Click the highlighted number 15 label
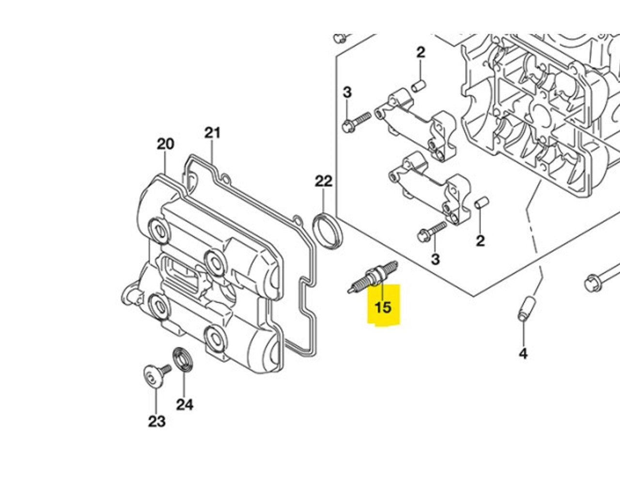(x=383, y=307)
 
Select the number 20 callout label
(x=165, y=144)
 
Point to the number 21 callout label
(x=212, y=132)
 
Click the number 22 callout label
(x=324, y=181)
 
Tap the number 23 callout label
(x=156, y=421)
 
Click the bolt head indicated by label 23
(x=153, y=378)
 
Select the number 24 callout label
(x=185, y=404)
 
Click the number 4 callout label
(x=523, y=354)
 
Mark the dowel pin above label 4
(x=525, y=308)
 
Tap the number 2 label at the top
(x=420, y=52)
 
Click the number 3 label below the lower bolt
(x=435, y=259)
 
